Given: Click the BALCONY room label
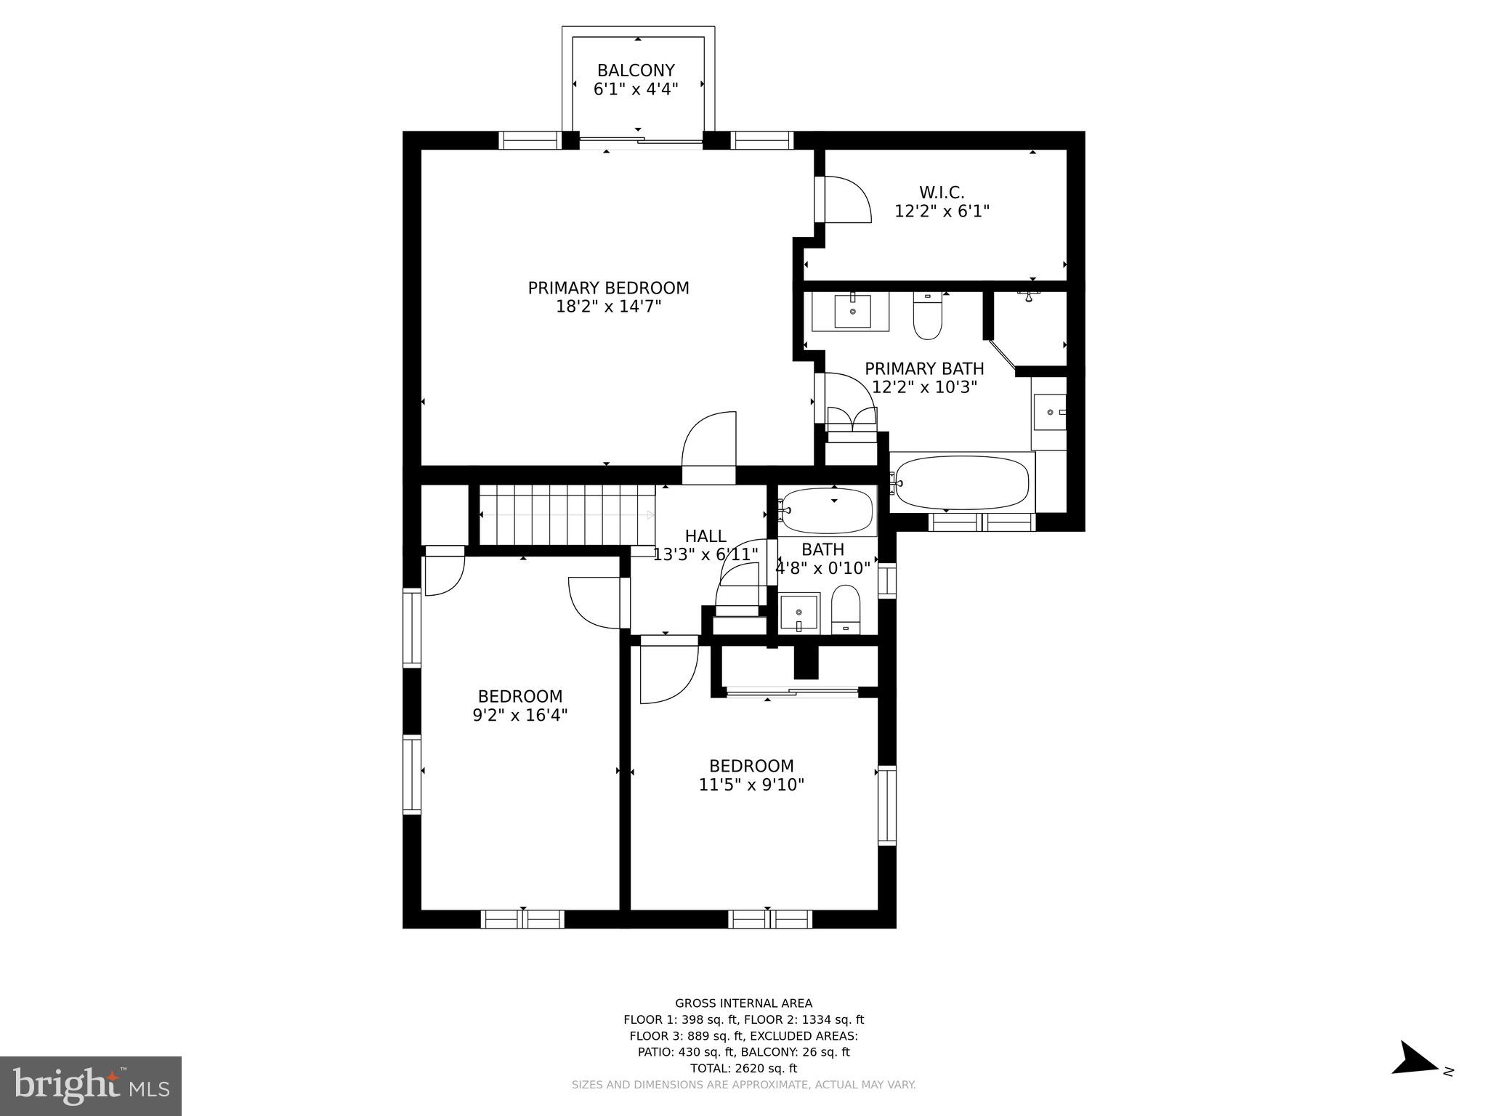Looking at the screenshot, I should [636, 70].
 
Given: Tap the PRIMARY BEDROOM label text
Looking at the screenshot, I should [608, 288].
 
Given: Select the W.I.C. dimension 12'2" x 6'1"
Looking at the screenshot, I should [942, 211].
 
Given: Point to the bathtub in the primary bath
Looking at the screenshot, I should [962, 482].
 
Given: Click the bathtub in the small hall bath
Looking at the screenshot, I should [828, 511].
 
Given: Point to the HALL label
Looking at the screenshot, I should [705, 536].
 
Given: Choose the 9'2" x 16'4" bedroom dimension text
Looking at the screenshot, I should [519, 715].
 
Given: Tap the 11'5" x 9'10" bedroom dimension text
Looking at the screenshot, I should [751, 785].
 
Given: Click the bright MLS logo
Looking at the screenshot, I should [91, 1085].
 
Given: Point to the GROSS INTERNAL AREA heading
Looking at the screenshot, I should [743, 1003].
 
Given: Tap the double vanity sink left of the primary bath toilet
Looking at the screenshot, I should [852, 311].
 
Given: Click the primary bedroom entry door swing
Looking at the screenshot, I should [711, 447].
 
